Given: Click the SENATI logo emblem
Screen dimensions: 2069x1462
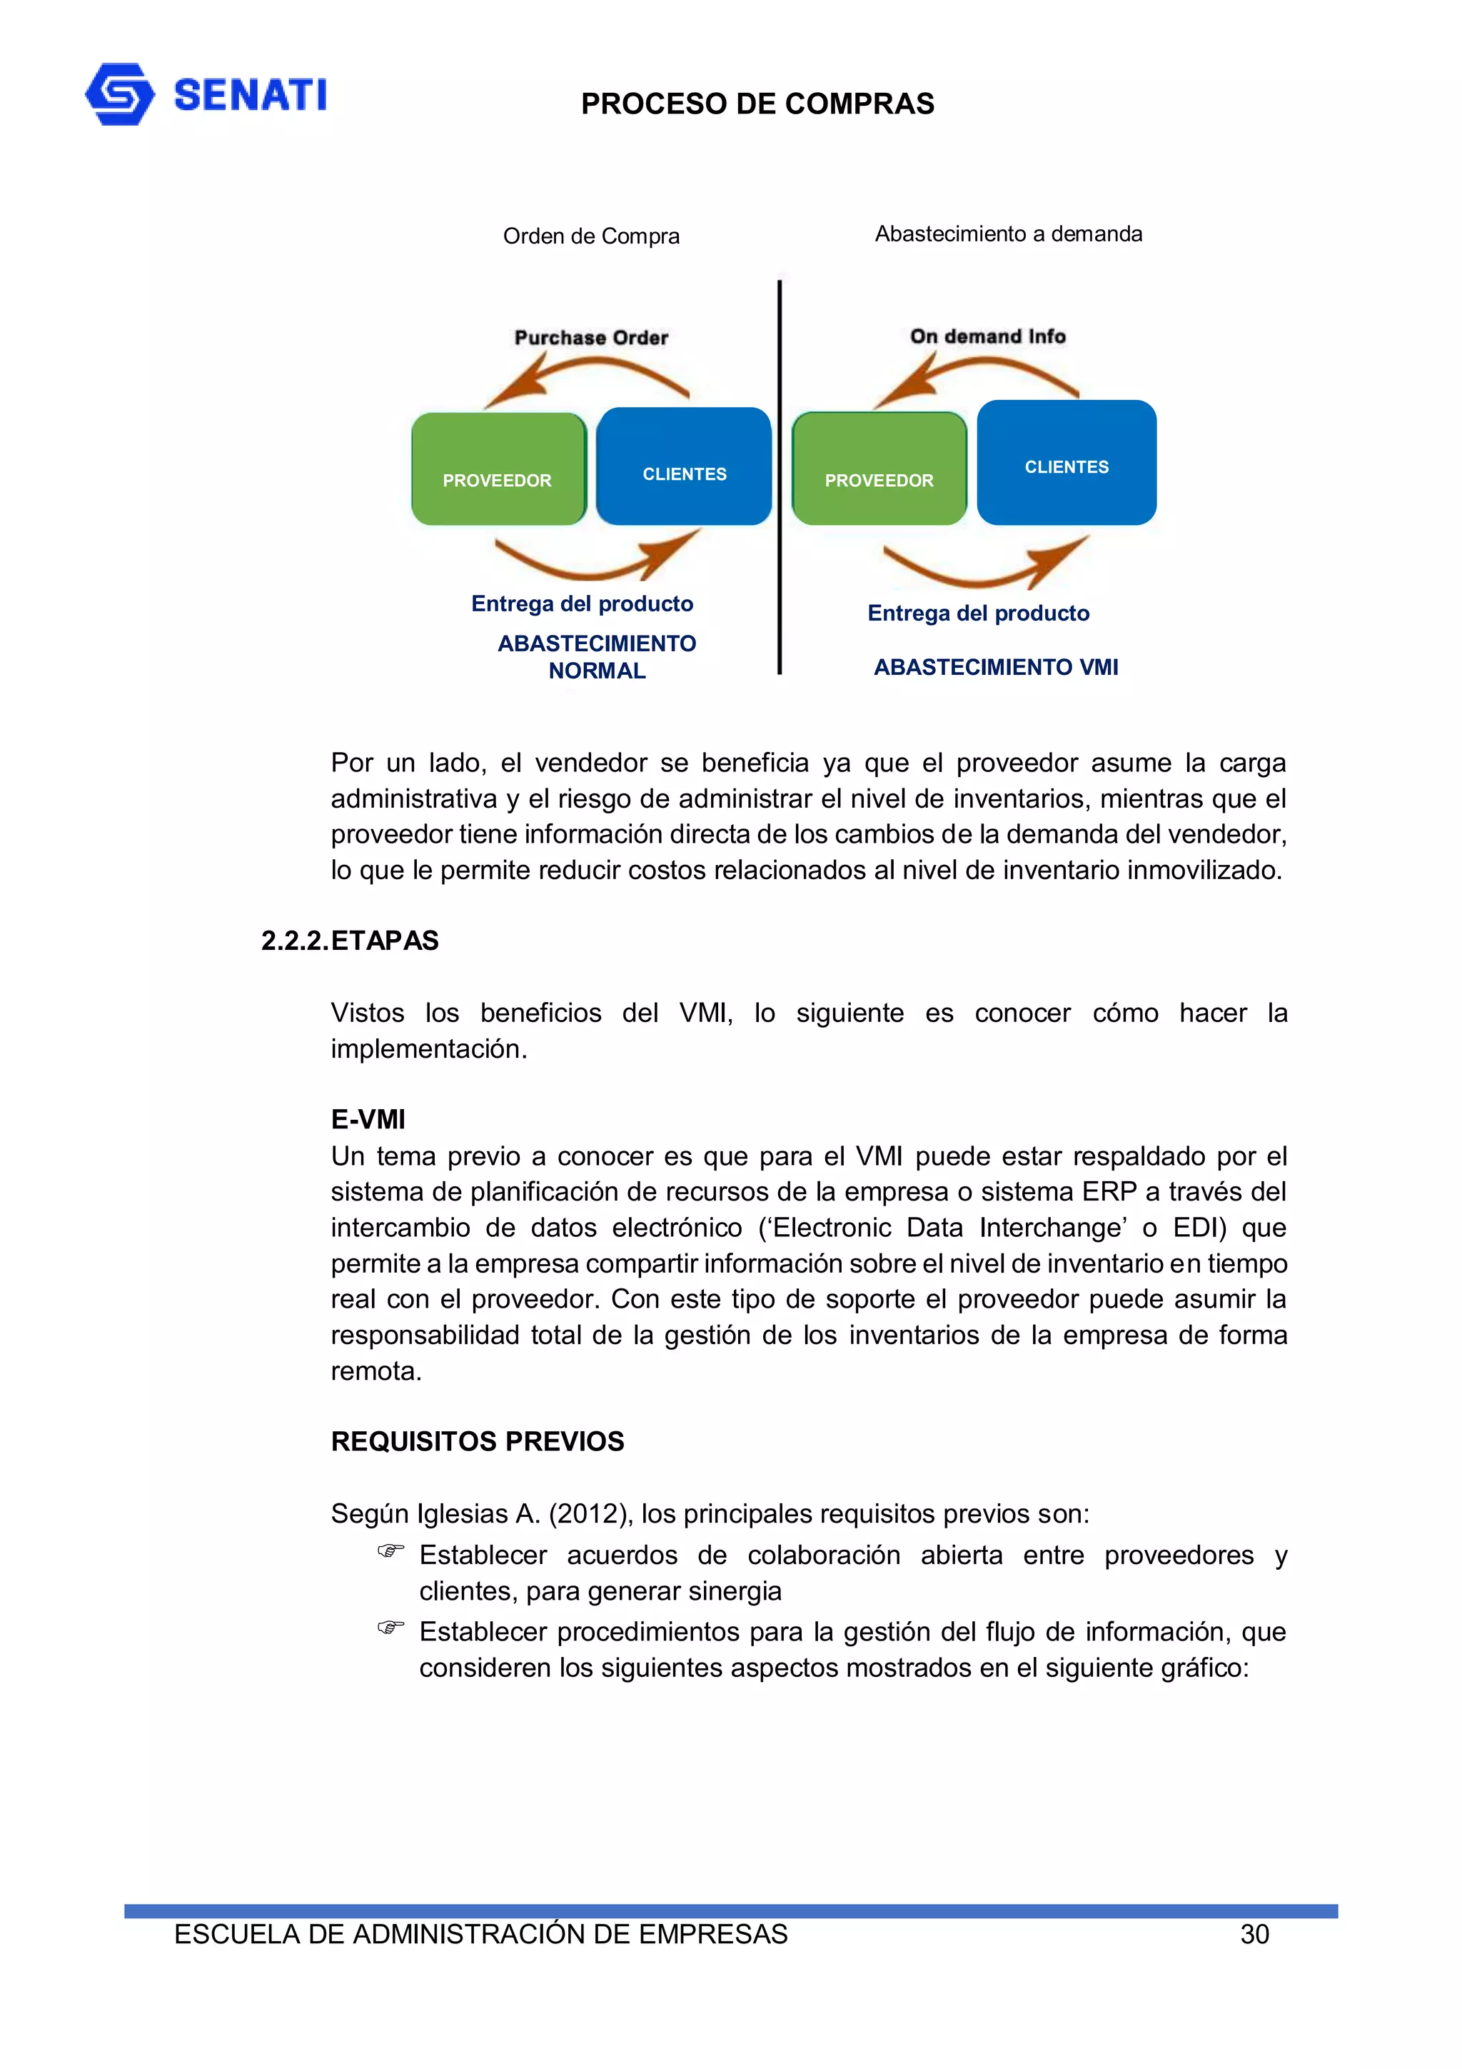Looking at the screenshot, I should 119,94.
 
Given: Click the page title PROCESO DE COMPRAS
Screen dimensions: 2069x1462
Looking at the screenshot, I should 757,104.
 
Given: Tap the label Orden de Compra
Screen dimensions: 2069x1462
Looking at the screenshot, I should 591,236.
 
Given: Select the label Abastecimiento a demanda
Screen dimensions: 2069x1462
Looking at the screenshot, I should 1008,234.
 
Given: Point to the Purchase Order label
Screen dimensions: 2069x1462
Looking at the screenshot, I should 591,338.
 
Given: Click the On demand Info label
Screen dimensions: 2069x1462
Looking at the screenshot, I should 987,336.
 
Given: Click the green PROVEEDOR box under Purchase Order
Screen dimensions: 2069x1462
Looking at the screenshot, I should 498,469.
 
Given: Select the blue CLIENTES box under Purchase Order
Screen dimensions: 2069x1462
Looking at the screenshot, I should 684,466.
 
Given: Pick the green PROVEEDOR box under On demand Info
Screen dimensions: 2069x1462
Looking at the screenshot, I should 879,469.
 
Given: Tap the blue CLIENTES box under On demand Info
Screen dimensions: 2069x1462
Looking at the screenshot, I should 1067,462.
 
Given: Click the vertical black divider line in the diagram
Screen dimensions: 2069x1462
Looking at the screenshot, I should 780,478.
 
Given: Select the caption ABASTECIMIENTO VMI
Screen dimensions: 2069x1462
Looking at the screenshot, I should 995,667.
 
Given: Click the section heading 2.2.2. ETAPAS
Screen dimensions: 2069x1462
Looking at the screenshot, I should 350,941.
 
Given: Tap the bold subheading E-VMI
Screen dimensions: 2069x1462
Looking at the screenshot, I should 368,1119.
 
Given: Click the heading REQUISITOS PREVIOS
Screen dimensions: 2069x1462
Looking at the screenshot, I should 478,1441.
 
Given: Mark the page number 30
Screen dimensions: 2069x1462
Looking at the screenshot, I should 1254,1935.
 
